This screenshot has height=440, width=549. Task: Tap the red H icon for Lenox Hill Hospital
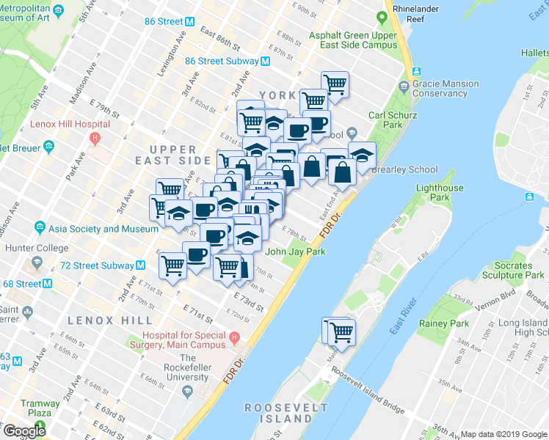tap(93, 137)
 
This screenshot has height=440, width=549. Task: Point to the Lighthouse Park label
tap(440, 193)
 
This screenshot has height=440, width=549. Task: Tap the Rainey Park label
tap(444, 323)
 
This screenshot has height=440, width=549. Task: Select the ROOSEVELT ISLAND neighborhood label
tap(278, 413)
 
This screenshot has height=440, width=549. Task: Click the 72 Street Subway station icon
tap(139, 265)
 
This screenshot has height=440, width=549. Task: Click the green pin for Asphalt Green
tap(382, 18)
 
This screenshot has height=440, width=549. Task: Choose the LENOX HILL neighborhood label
tap(110, 320)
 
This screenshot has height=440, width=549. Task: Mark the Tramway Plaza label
tap(41, 408)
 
